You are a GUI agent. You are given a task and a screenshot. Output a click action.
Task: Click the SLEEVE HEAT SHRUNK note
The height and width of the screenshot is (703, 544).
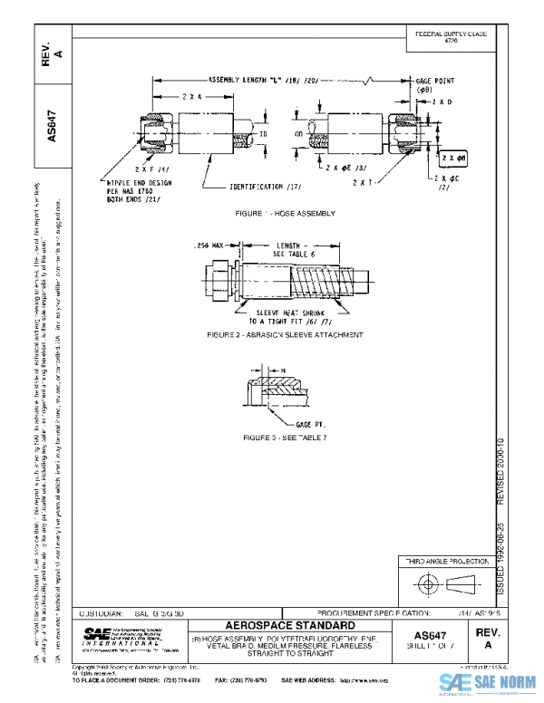280,314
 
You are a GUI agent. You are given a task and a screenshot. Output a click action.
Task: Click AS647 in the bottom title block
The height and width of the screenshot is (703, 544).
436,635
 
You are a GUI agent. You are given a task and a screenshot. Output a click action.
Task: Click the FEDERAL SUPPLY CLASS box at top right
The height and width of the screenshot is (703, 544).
451,36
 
